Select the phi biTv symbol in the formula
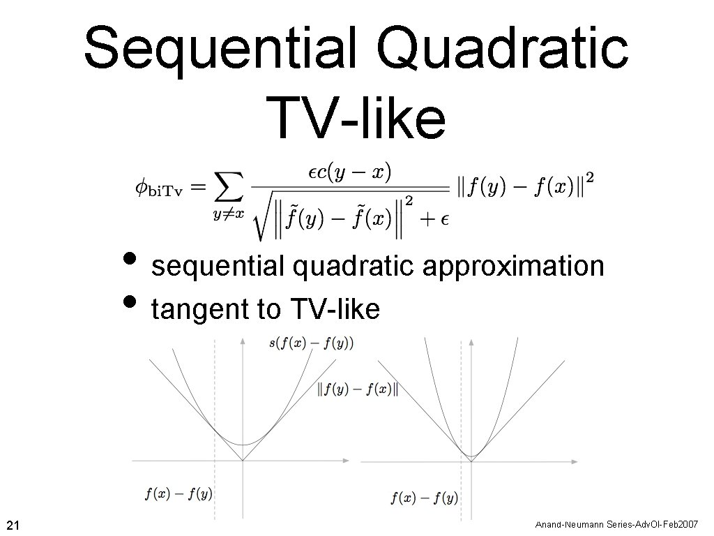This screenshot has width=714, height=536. [158, 188]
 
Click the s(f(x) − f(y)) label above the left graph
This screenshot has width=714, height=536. [311, 343]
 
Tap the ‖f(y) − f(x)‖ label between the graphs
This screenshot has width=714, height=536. [358, 389]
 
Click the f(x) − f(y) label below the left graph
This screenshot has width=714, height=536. [178, 494]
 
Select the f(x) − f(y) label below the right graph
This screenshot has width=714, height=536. [424, 498]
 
